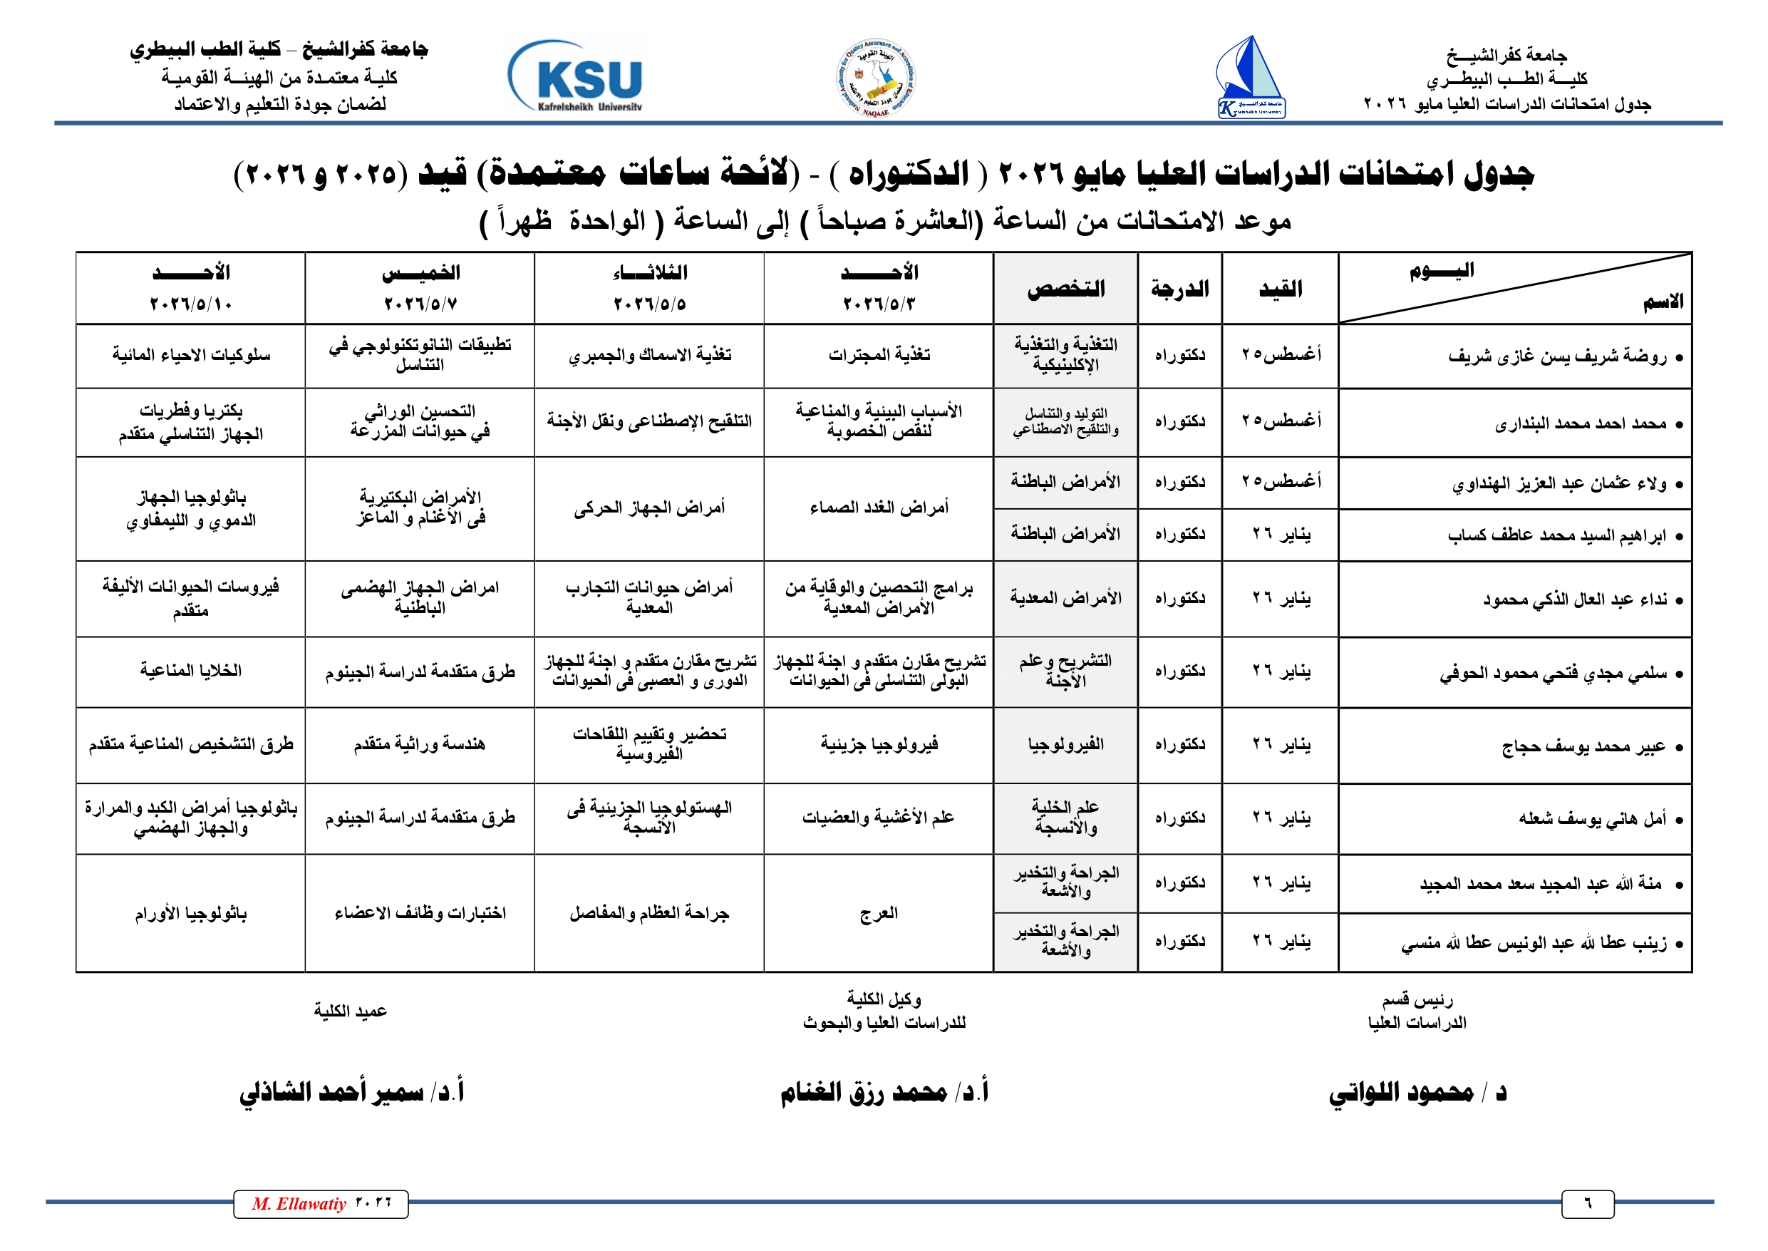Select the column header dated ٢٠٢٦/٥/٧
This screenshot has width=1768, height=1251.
click(420, 288)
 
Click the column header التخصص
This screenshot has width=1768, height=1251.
click(1066, 289)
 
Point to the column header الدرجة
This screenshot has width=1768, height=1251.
click(1179, 289)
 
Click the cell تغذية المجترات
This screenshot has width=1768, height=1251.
click(879, 355)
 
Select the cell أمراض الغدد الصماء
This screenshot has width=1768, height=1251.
click(879, 508)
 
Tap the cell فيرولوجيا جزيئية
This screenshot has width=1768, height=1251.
click(879, 744)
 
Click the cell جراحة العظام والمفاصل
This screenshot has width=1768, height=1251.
click(649, 914)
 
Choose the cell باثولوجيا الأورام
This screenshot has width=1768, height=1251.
click(191, 914)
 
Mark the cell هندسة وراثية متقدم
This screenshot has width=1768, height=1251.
click(420, 744)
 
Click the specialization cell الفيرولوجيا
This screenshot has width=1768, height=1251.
click(1066, 744)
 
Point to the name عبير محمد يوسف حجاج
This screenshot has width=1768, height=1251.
click(1583, 746)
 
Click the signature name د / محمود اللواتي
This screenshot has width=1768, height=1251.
click(1417, 1092)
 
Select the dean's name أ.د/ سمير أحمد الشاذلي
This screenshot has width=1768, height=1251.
click(351, 1092)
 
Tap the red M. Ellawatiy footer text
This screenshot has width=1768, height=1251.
click(299, 1204)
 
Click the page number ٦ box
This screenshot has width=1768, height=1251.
click(1587, 1204)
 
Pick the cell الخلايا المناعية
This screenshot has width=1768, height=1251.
click(191, 671)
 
